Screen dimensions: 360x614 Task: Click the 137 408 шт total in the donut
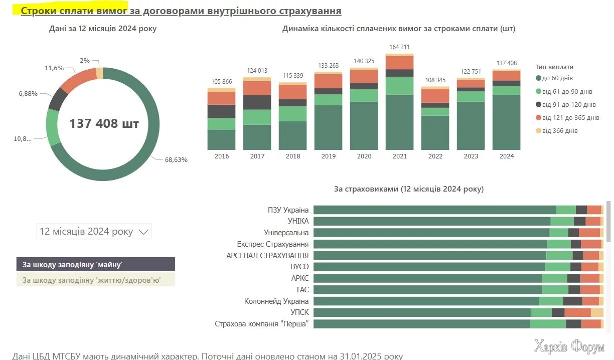tap(104, 123)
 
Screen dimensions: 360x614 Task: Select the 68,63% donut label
tap(176, 160)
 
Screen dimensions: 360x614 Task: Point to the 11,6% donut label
tap(54, 68)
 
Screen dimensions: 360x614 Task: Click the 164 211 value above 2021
tap(399, 47)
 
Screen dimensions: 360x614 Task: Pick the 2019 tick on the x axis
tap(328, 156)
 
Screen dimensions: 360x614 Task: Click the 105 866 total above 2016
tap(221, 82)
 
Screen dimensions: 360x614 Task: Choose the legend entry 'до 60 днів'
tap(554, 78)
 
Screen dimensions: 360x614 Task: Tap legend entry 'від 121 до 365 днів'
tap(567, 118)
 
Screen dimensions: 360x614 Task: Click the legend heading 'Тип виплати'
tap(554, 67)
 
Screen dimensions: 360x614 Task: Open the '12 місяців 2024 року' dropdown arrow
tap(143, 232)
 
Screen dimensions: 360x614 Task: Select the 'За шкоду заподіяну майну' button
tap(96, 264)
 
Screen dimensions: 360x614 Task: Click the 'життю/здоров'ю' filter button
tap(96, 280)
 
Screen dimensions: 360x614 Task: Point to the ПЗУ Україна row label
tap(289, 210)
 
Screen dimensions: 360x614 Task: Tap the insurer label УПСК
tap(299, 312)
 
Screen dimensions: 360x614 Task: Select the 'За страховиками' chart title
tap(408, 189)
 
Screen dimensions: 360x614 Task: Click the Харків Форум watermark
tap(569, 346)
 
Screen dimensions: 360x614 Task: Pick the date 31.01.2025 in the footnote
tap(359, 356)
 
